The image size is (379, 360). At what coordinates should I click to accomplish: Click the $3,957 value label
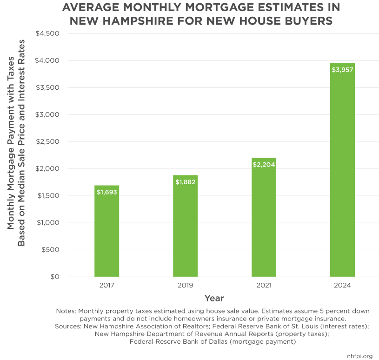click(x=342, y=70)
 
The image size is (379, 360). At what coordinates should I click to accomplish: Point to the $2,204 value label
click(x=264, y=165)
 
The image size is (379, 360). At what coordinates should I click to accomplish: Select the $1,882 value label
click(x=185, y=182)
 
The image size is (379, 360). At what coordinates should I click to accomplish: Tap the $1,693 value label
click(x=106, y=192)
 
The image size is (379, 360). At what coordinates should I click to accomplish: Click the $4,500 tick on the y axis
click(x=47, y=33)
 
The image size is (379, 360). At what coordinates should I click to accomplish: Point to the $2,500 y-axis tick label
click(x=47, y=142)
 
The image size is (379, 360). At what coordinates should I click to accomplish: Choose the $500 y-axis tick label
click(x=51, y=250)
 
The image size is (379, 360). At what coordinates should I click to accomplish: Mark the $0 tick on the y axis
click(x=54, y=277)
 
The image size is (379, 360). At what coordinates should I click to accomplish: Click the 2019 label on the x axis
click(x=185, y=285)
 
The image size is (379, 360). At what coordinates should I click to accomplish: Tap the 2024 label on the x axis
click(x=342, y=285)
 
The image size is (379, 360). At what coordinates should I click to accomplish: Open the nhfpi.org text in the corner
click(x=359, y=356)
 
